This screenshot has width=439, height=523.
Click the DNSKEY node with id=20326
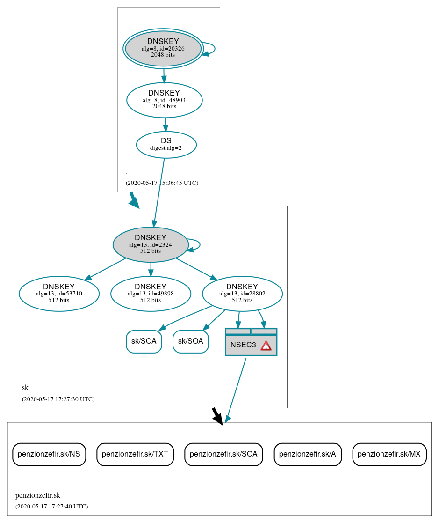[x=163, y=48]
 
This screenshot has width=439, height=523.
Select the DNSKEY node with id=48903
[x=164, y=100]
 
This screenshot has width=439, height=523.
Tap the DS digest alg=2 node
[x=166, y=145]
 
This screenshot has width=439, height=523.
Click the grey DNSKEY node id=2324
[x=150, y=244]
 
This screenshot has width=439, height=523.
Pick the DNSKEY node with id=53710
[x=59, y=294]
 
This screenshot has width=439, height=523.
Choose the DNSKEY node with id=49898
[x=151, y=294]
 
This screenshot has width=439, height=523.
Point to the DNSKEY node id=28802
[x=242, y=294]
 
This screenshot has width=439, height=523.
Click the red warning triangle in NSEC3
[x=266, y=346]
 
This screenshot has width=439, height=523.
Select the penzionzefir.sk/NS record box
[x=49, y=454]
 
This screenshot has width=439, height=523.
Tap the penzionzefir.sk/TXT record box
[x=135, y=454]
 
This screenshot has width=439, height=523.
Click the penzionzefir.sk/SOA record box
[x=223, y=454]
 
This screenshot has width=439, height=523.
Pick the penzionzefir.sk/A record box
[x=308, y=454]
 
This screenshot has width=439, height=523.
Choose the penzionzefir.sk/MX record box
[x=389, y=454]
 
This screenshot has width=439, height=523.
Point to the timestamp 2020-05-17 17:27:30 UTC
[x=58, y=399]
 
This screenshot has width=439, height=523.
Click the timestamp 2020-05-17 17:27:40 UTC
[x=51, y=506]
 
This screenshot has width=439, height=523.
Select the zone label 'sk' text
[x=25, y=388]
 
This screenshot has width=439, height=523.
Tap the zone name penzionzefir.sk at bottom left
[x=38, y=495]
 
